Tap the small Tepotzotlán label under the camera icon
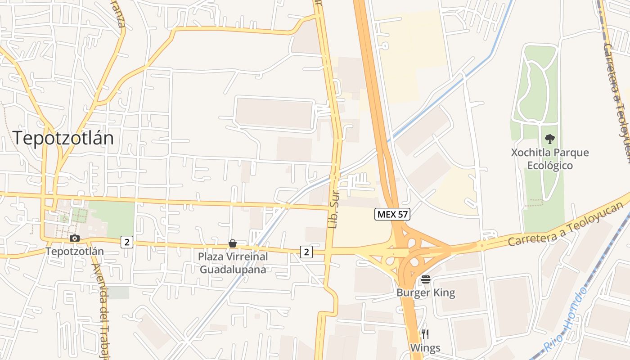point(75,251)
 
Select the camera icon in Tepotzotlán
point(75,238)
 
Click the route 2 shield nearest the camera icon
point(127,242)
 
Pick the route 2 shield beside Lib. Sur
point(306,252)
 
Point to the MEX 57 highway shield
point(392,215)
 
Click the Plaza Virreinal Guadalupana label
point(233,263)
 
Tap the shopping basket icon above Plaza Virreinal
point(233,243)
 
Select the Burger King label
point(426,293)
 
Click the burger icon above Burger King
point(426,279)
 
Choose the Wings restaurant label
point(425,348)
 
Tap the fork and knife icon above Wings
point(425,334)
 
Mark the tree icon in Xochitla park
point(549,139)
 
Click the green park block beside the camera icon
point(112,218)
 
